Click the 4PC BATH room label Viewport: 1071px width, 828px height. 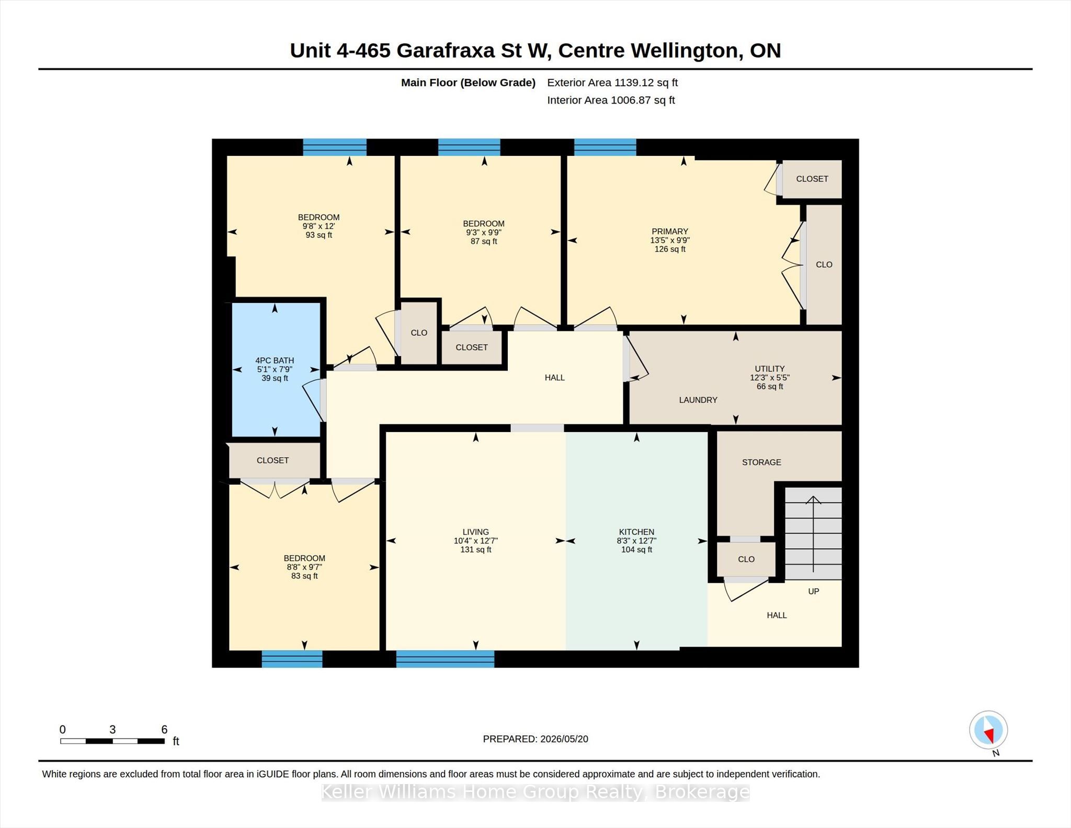coord(275,360)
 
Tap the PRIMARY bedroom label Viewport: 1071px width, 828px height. coord(670,231)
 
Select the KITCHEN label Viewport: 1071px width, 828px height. coord(636,531)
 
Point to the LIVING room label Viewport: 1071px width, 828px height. coord(475,531)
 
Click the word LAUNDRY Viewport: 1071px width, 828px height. coord(698,400)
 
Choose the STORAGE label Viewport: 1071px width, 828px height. coord(761,462)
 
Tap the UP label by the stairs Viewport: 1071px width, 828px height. coord(814,591)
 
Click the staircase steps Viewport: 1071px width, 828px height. coord(813,534)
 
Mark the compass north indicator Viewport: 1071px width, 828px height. coord(988,730)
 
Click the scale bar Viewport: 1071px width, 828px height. coord(112,741)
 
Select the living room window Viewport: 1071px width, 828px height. coord(445,659)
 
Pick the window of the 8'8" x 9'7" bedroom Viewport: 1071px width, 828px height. coord(292,659)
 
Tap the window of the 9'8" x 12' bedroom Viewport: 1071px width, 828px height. coord(335,147)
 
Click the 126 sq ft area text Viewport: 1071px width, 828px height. coord(670,249)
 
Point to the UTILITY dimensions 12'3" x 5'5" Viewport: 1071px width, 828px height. coord(770,377)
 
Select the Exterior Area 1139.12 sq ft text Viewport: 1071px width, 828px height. coord(612,83)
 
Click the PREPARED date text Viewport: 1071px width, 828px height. coord(535,739)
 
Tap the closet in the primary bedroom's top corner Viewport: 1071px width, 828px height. coord(812,179)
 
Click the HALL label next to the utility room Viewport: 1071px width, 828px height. coord(554,378)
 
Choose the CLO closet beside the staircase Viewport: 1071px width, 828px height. coord(746,559)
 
